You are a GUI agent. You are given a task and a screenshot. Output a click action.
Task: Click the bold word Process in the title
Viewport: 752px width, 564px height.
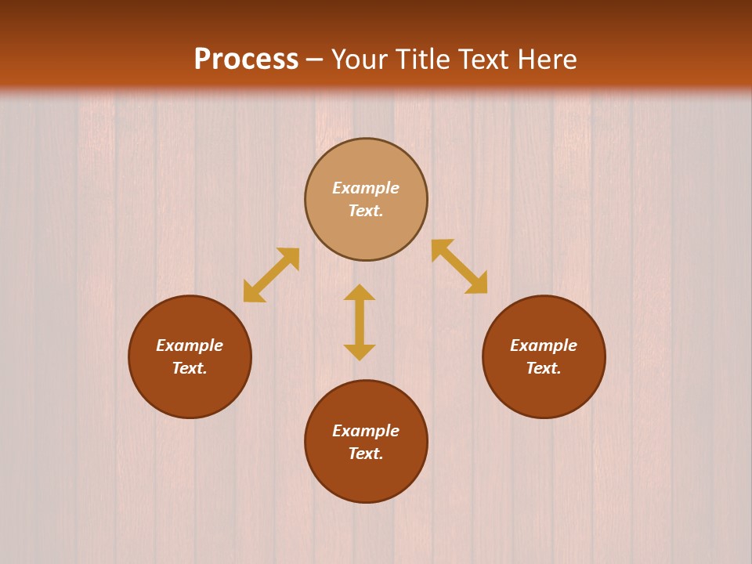coord(246,60)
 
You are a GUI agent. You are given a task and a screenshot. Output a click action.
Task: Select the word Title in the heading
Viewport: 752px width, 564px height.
coord(428,60)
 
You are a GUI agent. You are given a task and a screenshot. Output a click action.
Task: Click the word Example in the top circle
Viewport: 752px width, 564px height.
coord(366,188)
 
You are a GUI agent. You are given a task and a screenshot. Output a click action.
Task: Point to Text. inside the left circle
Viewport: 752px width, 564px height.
coord(190,368)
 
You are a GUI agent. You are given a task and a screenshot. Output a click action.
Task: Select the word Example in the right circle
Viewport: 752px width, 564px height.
coord(544,345)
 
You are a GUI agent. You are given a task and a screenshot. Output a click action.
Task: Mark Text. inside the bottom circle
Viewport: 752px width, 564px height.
coord(366,454)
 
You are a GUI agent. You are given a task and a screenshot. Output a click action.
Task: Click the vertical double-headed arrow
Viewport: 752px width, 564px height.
coord(360,322)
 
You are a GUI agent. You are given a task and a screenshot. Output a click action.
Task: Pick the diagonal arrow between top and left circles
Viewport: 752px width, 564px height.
coord(271,275)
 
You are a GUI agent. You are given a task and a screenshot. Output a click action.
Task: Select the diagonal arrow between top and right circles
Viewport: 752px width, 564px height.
coord(459,266)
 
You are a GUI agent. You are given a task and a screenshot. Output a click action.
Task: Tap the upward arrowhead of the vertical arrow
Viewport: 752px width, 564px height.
coord(360,292)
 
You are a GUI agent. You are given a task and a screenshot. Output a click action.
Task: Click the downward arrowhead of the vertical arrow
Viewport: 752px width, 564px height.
coord(360,352)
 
